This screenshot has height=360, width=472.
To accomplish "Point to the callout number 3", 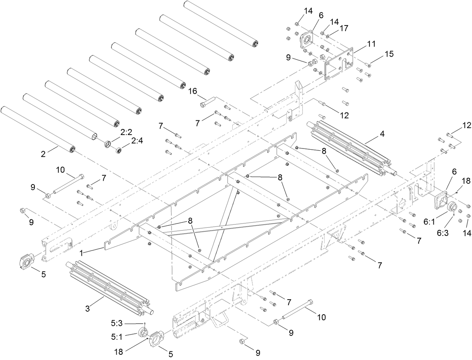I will tap(87, 309).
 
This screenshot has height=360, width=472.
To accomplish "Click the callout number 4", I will tap(371, 133).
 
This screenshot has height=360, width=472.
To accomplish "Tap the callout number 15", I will tap(389, 54).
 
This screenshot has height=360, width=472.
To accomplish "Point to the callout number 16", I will tap(192, 91).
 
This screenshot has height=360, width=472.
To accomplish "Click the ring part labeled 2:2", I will tap(108, 144).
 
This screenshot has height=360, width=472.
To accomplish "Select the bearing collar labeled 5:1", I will tap(143, 332).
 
